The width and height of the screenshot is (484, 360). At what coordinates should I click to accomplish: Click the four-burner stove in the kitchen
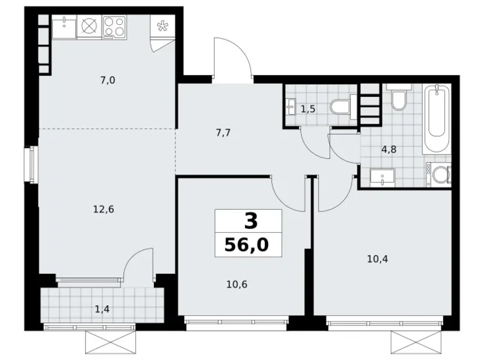point(114,27)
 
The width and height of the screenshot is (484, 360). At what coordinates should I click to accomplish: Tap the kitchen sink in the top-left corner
point(64,27)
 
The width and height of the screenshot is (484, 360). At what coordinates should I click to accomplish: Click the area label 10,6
point(238,285)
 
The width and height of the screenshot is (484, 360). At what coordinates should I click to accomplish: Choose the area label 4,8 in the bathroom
point(388,148)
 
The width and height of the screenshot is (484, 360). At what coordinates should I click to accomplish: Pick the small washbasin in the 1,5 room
point(292,107)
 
